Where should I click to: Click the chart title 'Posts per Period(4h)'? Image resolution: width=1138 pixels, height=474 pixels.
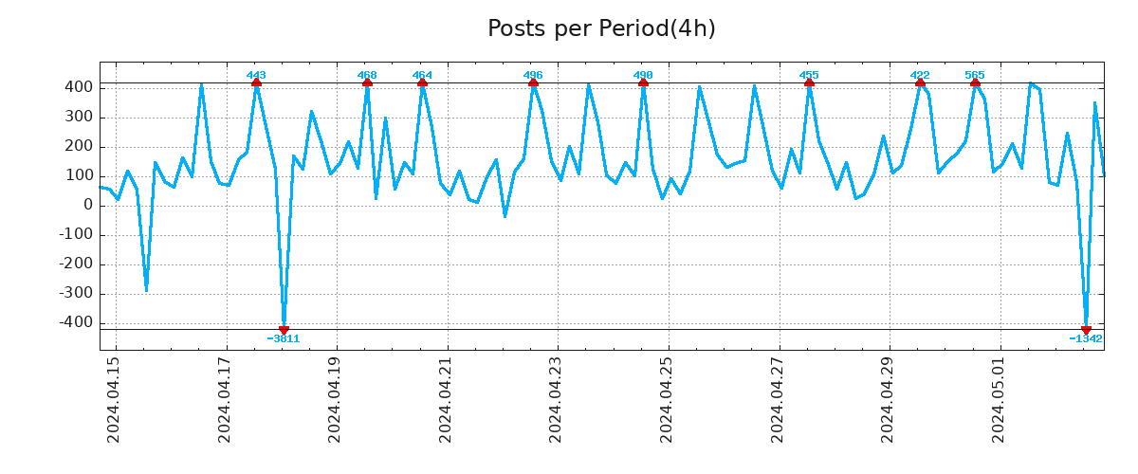tap(601, 28)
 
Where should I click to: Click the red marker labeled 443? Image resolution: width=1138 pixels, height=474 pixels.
tap(256, 83)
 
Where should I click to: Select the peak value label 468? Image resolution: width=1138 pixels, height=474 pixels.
tap(367, 75)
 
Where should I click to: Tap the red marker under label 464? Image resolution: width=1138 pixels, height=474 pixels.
tap(422, 83)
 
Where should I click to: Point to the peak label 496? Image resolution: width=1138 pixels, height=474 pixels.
tap(533, 75)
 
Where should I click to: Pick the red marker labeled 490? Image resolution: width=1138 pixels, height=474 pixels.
tap(643, 83)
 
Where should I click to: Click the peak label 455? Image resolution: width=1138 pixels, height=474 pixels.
tap(809, 75)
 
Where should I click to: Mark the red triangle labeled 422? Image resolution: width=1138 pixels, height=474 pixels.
tap(920, 83)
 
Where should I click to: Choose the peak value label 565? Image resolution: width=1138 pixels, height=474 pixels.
tap(975, 75)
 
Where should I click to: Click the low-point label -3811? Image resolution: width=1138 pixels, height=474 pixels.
tap(284, 338)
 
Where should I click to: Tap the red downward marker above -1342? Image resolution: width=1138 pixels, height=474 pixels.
tap(1086, 330)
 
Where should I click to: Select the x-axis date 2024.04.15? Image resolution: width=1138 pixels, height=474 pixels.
tap(114, 399)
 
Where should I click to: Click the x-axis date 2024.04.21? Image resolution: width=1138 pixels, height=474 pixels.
tap(446, 399)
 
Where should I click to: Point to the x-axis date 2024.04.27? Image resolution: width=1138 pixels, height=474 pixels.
tap(778, 399)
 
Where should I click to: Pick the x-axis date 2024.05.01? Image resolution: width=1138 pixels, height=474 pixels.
tap(999, 399)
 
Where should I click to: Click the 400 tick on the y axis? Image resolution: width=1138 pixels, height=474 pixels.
tap(79, 87)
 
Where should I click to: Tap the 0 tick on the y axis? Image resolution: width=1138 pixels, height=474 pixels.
tap(88, 205)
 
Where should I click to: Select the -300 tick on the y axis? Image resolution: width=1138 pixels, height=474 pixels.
tap(76, 293)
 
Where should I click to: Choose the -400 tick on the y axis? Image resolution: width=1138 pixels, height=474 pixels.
tap(76, 322)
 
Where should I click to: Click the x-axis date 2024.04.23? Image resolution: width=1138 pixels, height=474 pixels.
tap(557, 399)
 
